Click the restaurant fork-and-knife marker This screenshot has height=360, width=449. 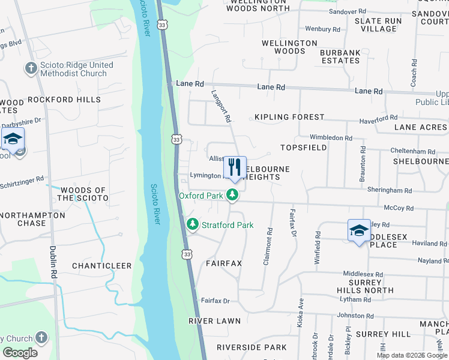235,167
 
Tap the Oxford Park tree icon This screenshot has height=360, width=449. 232,195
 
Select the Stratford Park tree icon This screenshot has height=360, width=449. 193,225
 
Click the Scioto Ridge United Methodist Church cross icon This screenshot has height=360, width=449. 30,67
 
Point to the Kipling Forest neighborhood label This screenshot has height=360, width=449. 289,117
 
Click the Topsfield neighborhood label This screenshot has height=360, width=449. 304,147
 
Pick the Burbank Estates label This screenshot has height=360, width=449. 340,56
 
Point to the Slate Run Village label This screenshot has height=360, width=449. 378,25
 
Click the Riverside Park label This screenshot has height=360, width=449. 252,347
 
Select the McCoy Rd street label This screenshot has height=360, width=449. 402,208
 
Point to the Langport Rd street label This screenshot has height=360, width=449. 221,106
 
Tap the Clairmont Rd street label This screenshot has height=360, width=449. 268,239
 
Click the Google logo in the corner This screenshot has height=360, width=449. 20,353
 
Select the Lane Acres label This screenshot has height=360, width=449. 420,127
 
